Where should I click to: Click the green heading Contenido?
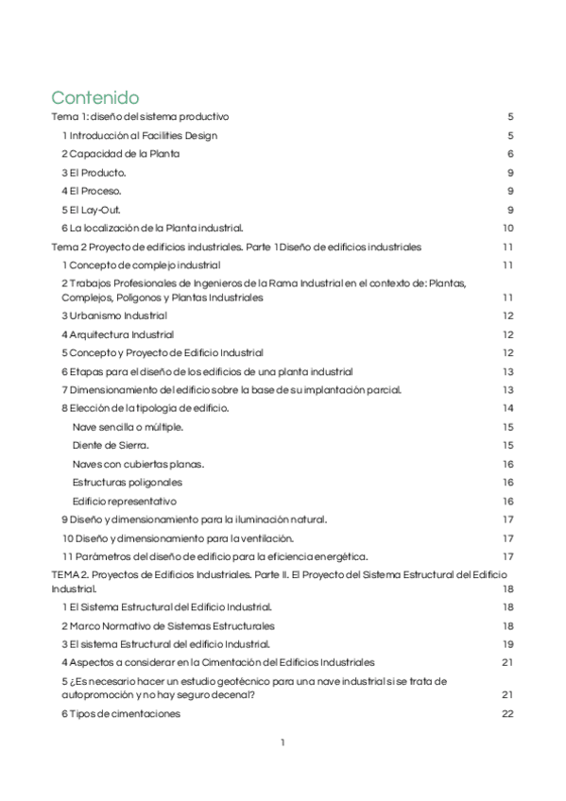point(95,97)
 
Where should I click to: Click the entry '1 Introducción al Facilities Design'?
point(139,135)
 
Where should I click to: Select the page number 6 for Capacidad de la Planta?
point(509,154)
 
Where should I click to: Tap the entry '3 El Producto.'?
point(94,173)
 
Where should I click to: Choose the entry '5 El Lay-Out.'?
point(92,210)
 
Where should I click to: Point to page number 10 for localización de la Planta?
point(507,228)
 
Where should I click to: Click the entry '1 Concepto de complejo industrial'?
point(141,264)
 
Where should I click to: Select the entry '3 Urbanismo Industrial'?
point(114,315)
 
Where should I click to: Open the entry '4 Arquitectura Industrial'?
point(117,334)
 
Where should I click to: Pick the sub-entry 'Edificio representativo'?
point(124,501)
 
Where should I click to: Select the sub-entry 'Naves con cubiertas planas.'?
point(138,464)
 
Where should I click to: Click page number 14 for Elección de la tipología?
point(507,408)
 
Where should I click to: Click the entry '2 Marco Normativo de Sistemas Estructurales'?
point(168,625)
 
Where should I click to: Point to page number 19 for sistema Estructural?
point(507,643)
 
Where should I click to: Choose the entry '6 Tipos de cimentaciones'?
point(121,713)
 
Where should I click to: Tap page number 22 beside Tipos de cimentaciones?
point(507,713)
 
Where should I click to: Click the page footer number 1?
point(283,742)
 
